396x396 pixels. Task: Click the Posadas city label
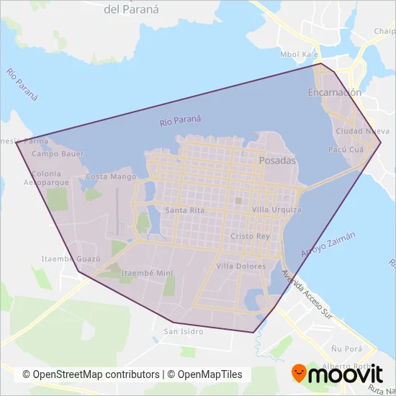(276, 161)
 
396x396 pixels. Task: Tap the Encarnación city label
(334, 93)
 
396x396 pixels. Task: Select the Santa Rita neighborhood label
(184, 210)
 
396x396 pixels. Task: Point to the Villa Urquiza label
(276, 210)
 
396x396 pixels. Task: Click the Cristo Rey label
(250, 236)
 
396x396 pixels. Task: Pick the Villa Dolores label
(241, 266)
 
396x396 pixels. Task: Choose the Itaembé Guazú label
(70, 258)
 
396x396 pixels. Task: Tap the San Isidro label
(184, 332)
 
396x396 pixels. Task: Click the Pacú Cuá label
(345, 150)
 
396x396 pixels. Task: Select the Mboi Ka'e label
(299, 55)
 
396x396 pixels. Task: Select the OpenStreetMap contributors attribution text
(91, 374)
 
